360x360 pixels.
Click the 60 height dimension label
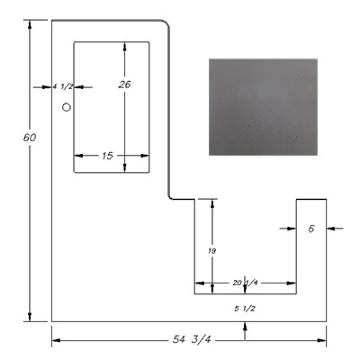pos(30,138)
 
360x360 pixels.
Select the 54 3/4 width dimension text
pos(192,339)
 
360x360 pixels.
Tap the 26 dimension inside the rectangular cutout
pos(124,85)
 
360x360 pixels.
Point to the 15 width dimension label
pos(107,156)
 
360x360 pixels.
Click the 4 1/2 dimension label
pos(63,86)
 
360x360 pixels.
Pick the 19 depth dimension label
pos(212,251)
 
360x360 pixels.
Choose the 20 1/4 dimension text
pos(245,283)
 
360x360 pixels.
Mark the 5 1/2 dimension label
pos(245,308)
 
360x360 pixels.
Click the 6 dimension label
pos(311,229)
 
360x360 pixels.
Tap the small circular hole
pos(67,107)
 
